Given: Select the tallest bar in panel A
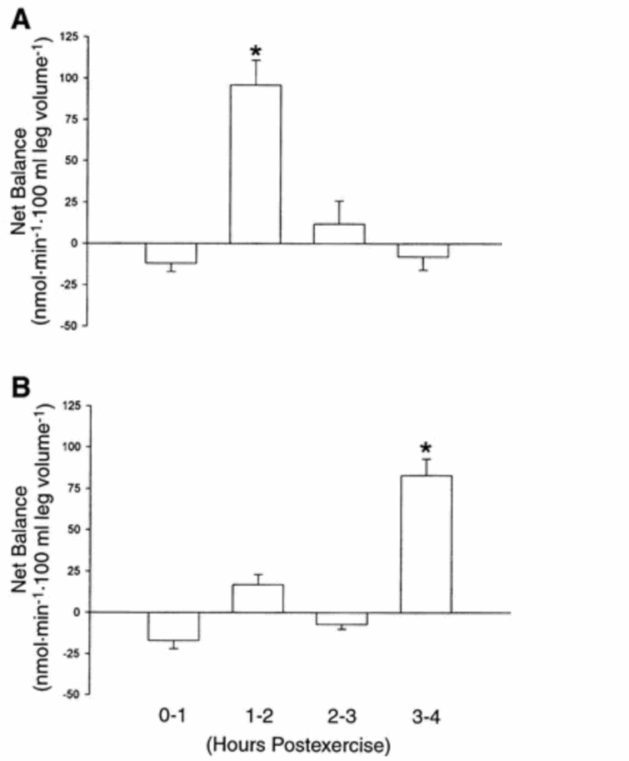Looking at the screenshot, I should tap(256, 163).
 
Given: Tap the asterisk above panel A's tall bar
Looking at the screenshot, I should tap(256, 52).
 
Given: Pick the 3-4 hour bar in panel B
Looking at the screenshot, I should tap(426, 543).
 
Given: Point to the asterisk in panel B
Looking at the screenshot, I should tap(426, 448).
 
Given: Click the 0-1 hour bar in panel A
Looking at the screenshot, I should tap(171, 253).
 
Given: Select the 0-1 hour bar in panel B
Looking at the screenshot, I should tap(173, 626).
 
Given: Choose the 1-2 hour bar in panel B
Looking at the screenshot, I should tap(257, 598).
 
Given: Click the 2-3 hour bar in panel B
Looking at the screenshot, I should tap(341, 618).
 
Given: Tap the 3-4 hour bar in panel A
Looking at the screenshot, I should tap(423, 250).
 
